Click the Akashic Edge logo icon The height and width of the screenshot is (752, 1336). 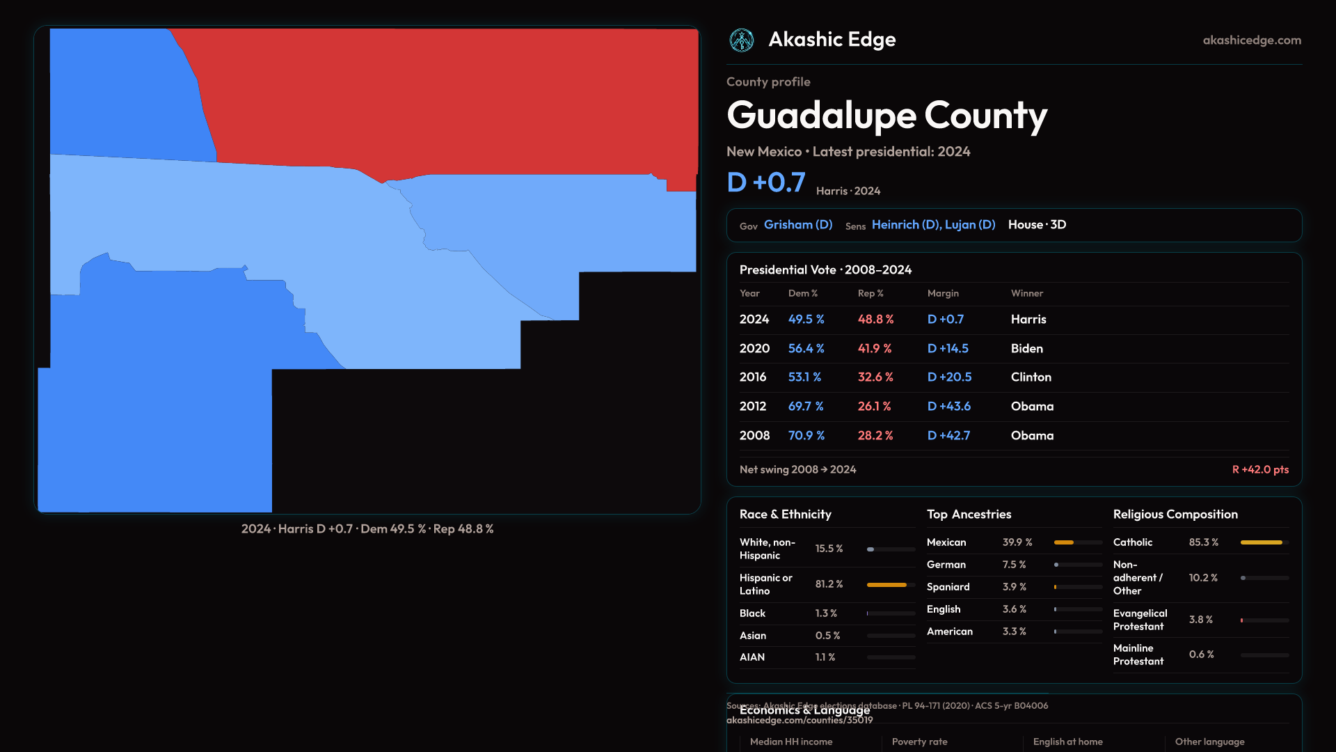[x=741, y=40]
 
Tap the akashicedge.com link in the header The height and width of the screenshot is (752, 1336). [x=1251, y=40]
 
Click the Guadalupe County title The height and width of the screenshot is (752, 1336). [x=886, y=115]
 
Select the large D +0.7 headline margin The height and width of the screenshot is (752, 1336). [x=765, y=182]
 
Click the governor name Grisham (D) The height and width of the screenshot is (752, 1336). [x=797, y=225]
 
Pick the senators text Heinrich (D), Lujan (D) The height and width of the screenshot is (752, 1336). [x=933, y=225]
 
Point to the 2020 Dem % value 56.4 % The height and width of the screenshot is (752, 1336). [x=806, y=348]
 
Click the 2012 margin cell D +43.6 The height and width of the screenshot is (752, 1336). [x=948, y=406]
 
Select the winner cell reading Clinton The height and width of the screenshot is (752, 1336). [x=1031, y=377]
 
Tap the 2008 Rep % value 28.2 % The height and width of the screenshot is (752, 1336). [x=875, y=435]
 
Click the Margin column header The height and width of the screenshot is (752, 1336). [x=943, y=293]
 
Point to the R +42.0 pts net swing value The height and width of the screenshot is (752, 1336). [x=1259, y=469]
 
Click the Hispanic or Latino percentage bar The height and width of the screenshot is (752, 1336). [x=890, y=585]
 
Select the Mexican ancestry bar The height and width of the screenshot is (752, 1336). [x=1077, y=542]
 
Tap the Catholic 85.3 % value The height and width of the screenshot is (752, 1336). [x=1203, y=542]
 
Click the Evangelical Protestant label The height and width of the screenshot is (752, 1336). [x=1140, y=620]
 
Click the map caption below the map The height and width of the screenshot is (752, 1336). [x=367, y=529]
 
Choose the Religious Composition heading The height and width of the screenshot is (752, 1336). [x=1175, y=515]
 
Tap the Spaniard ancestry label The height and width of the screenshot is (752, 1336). [x=948, y=587]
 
